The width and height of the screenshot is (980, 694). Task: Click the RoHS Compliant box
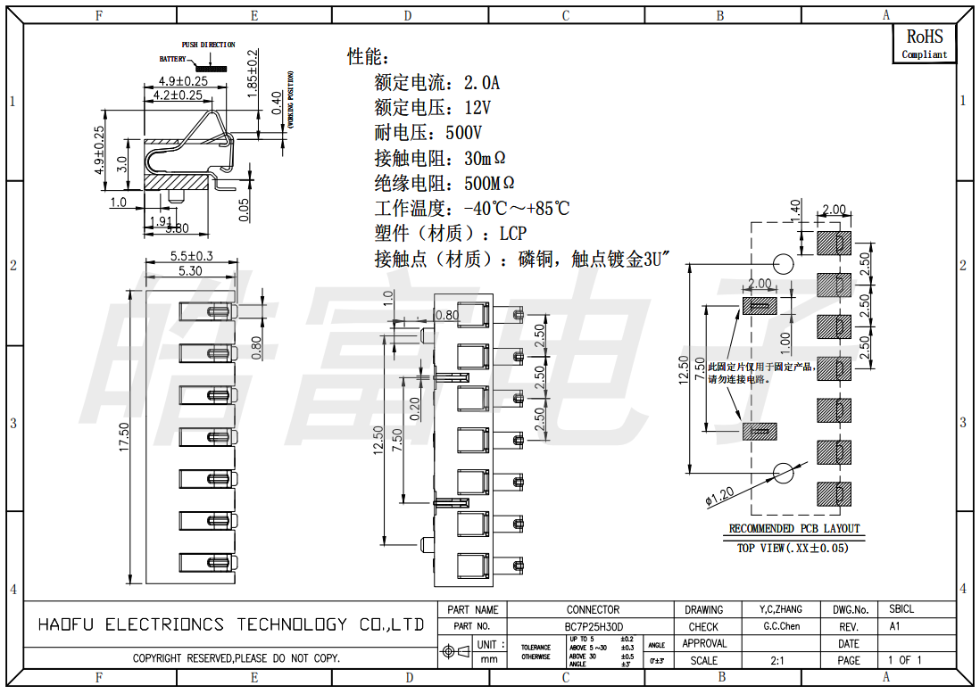pyautogui.click(x=924, y=44)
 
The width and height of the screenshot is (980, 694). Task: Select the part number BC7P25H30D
pyautogui.click(x=594, y=626)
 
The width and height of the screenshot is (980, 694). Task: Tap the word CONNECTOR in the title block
pyautogui.click(x=593, y=610)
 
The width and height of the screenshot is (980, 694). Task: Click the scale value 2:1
pyautogui.click(x=777, y=661)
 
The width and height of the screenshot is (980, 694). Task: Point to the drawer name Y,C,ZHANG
pyautogui.click(x=780, y=610)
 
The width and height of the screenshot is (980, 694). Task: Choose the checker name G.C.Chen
pyautogui.click(x=781, y=626)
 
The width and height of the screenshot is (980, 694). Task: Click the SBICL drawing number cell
pyautogui.click(x=901, y=610)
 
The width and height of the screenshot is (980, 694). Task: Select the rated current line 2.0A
pyautogui.click(x=436, y=84)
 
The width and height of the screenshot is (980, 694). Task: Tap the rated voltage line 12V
pyautogui.click(x=432, y=109)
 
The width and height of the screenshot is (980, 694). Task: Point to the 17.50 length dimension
pyautogui.click(x=124, y=437)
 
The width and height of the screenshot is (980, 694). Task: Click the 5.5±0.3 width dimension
pyautogui.click(x=191, y=256)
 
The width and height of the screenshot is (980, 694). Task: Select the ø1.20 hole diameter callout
pyautogui.click(x=719, y=495)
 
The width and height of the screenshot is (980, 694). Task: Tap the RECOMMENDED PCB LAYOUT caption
pyautogui.click(x=793, y=529)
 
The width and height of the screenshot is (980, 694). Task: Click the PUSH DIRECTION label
pyautogui.click(x=209, y=45)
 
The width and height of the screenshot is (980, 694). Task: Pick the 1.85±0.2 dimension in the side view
pyautogui.click(x=253, y=73)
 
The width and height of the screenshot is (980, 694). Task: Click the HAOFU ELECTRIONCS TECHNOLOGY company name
pyautogui.click(x=230, y=624)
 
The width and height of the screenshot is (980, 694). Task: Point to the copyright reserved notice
pyautogui.click(x=236, y=658)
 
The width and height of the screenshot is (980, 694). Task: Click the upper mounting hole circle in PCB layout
pyautogui.click(x=783, y=264)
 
